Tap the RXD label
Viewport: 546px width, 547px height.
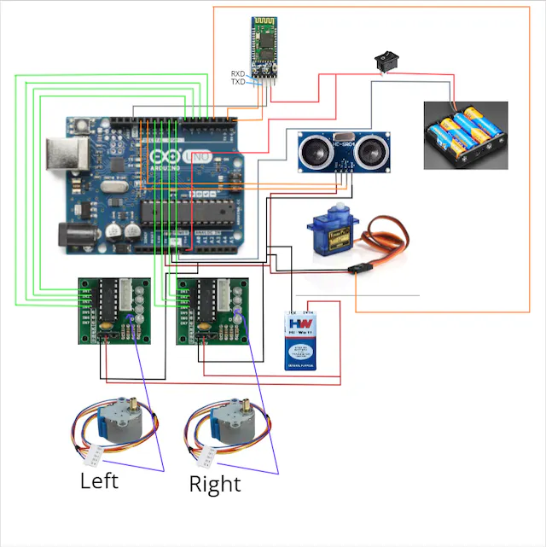(237, 74)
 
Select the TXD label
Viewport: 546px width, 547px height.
(237, 82)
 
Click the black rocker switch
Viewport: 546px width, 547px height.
(386, 62)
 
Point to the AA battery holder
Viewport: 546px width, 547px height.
(466, 136)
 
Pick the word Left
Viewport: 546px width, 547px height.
(99, 480)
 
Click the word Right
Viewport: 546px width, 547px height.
(215, 485)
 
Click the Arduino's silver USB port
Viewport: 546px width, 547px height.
(66, 156)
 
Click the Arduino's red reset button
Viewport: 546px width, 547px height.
(82, 128)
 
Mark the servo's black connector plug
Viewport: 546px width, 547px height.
(358, 270)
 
